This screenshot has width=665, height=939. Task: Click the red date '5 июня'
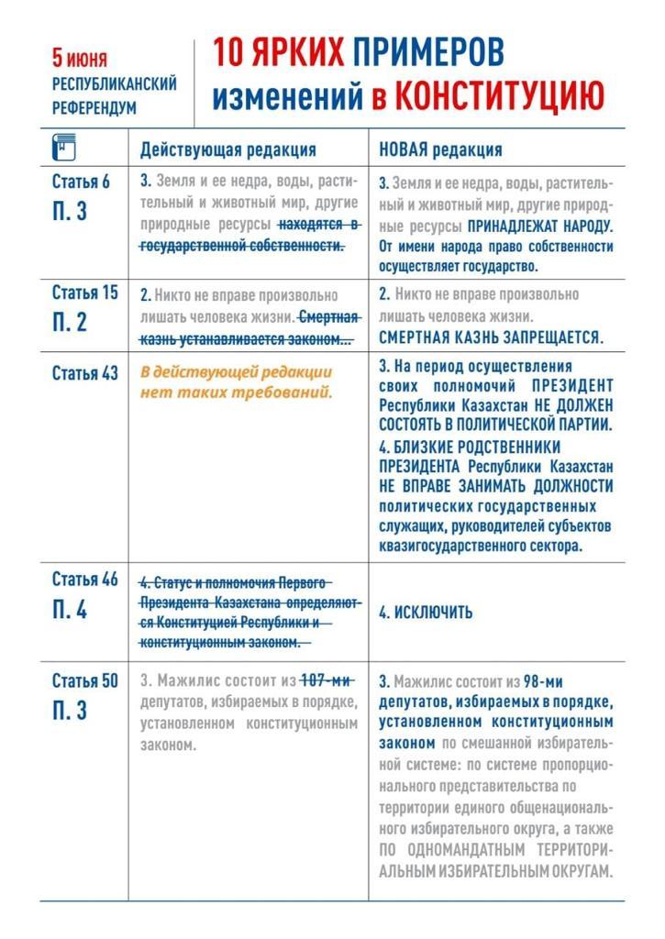click(79, 60)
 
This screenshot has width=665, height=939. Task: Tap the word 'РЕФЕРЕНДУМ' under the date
click(94, 107)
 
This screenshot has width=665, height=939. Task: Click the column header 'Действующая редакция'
click(227, 149)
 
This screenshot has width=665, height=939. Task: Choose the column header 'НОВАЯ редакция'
click(440, 149)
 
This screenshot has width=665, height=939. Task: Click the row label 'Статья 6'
click(81, 181)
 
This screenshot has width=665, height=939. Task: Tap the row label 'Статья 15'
click(84, 293)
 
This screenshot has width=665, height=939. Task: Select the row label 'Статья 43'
click(84, 373)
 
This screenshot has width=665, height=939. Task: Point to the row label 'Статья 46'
click(84, 580)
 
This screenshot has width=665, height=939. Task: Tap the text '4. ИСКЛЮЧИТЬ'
click(426, 613)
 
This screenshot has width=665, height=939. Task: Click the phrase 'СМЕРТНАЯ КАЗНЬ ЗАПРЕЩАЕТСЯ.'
click(491, 337)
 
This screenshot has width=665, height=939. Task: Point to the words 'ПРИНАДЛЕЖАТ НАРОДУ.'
click(540, 226)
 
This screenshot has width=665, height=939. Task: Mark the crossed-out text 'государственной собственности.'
click(242, 246)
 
